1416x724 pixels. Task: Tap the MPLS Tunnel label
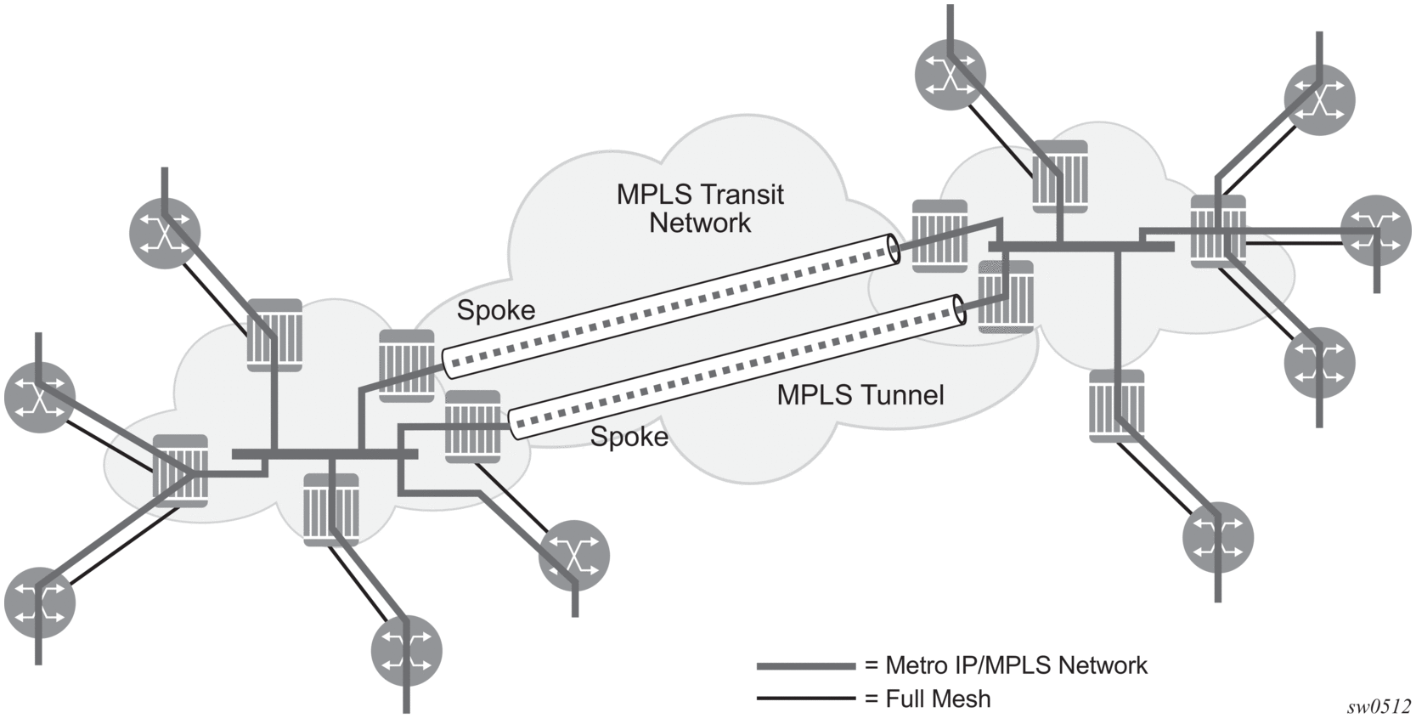(860, 394)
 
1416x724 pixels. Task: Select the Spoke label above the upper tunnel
(496, 310)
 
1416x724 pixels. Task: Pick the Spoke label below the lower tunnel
(629, 436)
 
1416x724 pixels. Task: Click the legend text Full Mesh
(938, 699)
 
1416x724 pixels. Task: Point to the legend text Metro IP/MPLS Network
(1016, 665)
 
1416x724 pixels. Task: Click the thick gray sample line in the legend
(806, 666)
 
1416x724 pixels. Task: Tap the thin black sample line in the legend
(806, 699)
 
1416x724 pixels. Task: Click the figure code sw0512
(1379, 707)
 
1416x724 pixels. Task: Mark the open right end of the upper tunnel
(894, 248)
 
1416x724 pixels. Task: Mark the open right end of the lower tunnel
(959, 309)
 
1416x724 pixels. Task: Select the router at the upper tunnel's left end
(407, 365)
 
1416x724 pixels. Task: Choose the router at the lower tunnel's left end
(473, 427)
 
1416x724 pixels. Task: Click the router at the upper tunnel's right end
(940, 236)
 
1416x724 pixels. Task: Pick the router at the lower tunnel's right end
(1006, 297)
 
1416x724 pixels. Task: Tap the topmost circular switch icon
(951, 75)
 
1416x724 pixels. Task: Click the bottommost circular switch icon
(407, 651)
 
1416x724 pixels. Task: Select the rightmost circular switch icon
(1376, 230)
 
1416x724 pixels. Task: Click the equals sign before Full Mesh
(872, 699)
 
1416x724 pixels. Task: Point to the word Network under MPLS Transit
(701, 223)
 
